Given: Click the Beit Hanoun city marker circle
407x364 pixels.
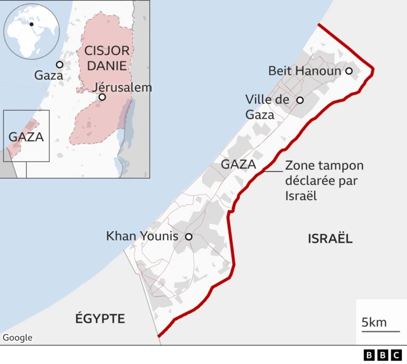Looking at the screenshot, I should [348, 71].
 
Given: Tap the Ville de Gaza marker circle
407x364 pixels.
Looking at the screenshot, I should [300, 100].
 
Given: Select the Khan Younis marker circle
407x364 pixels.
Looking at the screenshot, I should [188, 237].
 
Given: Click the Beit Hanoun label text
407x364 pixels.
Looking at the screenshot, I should [305, 71].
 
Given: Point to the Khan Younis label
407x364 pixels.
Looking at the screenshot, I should [142, 237].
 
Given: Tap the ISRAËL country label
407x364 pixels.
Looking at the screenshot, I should [330, 239].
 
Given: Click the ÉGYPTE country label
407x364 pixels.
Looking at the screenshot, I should [100, 318].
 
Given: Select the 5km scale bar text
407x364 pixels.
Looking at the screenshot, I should [374, 323].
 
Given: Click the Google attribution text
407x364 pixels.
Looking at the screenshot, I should [17, 338].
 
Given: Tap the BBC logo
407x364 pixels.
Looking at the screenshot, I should [383, 355].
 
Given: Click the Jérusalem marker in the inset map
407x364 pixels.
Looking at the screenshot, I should [102, 97].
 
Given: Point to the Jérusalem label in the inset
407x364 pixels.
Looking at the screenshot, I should [122, 87].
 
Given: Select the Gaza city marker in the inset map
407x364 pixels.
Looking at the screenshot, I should [59, 64].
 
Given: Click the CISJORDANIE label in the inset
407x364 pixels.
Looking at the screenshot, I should [107, 57].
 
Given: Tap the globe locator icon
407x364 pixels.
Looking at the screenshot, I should [32, 30].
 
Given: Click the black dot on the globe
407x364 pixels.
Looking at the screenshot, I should [31, 24].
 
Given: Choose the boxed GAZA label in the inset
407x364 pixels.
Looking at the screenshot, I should [26, 137].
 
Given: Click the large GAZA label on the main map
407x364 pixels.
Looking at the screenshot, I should [238, 165].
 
